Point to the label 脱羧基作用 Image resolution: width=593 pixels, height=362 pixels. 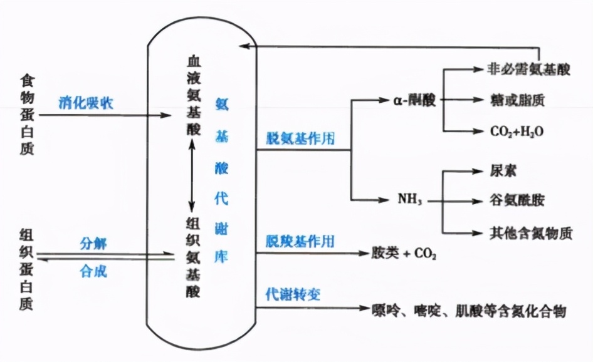pyautogui.click(x=301, y=240)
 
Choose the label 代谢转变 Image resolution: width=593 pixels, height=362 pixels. pyautogui.click(x=293, y=293)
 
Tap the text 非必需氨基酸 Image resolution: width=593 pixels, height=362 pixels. pyautogui.click(x=530, y=69)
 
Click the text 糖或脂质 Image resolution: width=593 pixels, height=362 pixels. pyautogui.click(x=513, y=100)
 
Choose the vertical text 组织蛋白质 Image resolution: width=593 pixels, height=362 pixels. pyautogui.click(x=27, y=271)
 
